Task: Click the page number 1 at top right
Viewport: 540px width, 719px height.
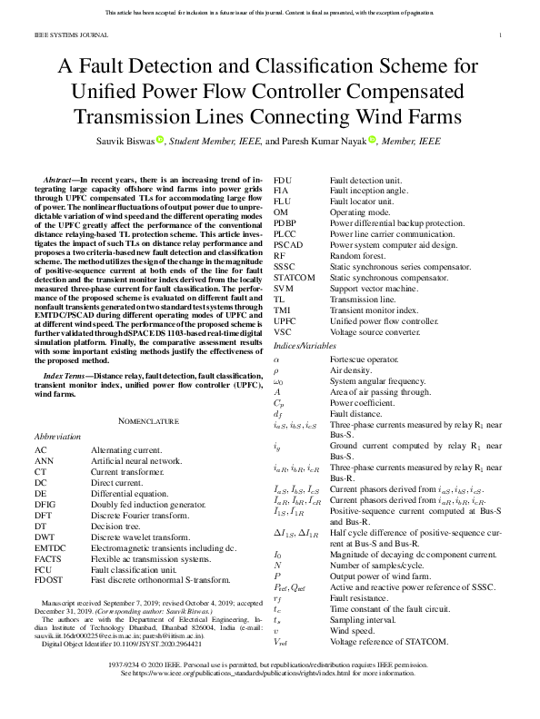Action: (x=502, y=35)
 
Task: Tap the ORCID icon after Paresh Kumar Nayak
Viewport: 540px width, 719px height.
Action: (x=372, y=140)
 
